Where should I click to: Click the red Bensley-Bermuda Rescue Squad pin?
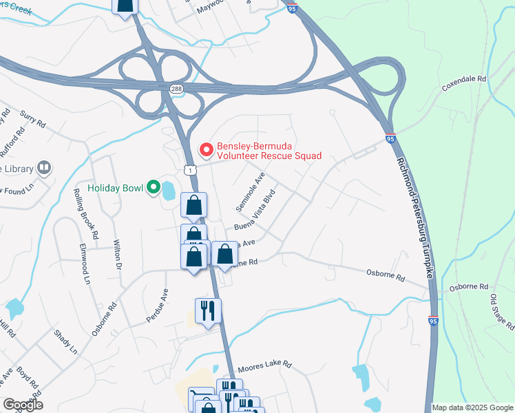tap(205, 149)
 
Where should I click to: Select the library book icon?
tap(44, 168)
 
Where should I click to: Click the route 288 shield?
tap(176, 89)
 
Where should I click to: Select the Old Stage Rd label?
tap(501, 310)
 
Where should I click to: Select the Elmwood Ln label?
tap(84, 263)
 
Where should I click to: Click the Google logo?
tap(23, 405)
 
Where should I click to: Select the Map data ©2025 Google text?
tap(472, 407)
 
